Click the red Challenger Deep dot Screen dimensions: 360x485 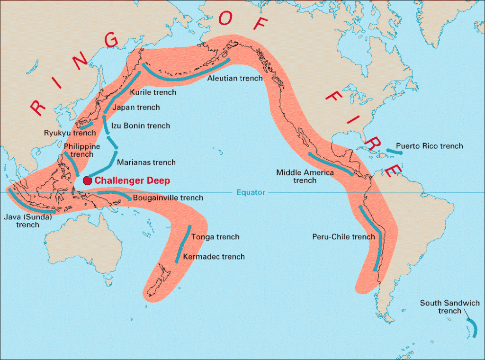coord(87,180)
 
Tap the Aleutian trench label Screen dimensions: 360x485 coord(235,78)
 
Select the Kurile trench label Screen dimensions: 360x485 coord(153,92)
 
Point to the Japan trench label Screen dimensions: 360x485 coord(136,108)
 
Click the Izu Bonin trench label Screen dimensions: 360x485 coord(140,126)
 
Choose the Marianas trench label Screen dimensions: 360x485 coord(146,162)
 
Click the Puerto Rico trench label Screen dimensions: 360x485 coord(429,146)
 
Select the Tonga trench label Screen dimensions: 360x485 coord(216,237)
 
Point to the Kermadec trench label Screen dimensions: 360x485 coord(214,257)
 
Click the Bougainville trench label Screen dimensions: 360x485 coord(168,198)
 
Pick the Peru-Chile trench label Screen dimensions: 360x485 coord(343,237)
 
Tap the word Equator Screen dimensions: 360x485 coord(251,192)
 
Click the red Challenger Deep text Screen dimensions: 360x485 coord(132,180)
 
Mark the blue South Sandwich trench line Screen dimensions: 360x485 coord(473,328)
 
